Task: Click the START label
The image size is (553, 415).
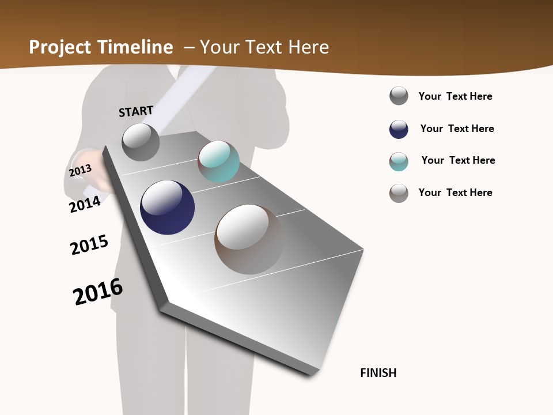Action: point(136,111)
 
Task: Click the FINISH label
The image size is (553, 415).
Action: point(378,373)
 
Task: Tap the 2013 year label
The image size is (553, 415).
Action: point(80,171)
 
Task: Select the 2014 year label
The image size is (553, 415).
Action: point(85,204)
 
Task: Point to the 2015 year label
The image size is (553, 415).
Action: point(89,245)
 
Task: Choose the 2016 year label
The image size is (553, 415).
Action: point(98,292)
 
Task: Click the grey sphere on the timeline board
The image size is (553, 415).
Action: point(141,142)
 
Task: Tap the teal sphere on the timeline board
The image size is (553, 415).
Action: point(219,161)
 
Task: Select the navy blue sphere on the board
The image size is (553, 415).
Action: point(168,207)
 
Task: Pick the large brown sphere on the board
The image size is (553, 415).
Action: point(249,239)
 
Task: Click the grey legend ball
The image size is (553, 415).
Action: point(399,96)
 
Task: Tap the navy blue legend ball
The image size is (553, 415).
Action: point(399,129)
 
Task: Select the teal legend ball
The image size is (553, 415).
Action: point(399,161)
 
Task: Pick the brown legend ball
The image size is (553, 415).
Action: point(399,193)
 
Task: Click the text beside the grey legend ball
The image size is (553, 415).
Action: point(455,96)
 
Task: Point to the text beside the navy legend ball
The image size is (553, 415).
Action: point(457,129)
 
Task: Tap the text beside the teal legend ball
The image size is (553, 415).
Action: point(458,160)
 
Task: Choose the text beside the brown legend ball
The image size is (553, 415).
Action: point(455,193)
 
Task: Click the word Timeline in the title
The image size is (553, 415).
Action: point(135,47)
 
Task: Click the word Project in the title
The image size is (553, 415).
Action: point(60,47)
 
